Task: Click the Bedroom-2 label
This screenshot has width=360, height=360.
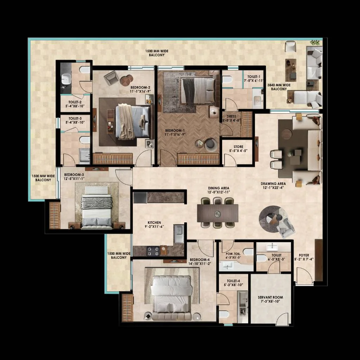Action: pyautogui.click(x=140, y=88)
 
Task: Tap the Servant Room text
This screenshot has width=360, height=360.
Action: pyautogui.click(x=270, y=297)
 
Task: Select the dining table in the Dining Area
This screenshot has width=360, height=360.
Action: pyautogui.click(x=218, y=213)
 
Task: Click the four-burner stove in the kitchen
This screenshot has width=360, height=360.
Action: pyautogui.click(x=153, y=251)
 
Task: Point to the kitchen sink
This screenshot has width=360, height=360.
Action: pyautogui.click(x=179, y=233)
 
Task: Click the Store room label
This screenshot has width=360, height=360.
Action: pyautogui.click(x=238, y=147)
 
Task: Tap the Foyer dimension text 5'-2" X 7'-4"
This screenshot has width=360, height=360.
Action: pyautogui.click(x=304, y=259)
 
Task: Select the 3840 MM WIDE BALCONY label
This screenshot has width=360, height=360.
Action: pyautogui.click(x=279, y=87)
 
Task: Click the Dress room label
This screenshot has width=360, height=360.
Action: pyautogui.click(x=231, y=116)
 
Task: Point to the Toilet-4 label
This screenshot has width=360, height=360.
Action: pyautogui.click(x=233, y=281)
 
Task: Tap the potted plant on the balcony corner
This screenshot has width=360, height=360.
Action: pyautogui.click(x=315, y=43)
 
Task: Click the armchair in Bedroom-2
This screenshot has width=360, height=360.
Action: pyautogui.click(x=111, y=78)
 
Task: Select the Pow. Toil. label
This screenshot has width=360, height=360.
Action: pyautogui.click(x=233, y=254)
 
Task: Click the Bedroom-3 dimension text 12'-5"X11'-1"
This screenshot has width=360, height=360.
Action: pyautogui.click(x=74, y=179)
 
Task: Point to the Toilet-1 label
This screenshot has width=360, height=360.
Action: pyautogui.click(x=254, y=77)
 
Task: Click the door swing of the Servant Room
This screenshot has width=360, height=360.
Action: pyautogui.click(x=282, y=319)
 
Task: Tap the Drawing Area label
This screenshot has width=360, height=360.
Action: pyautogui.click(x=273, y=184)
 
